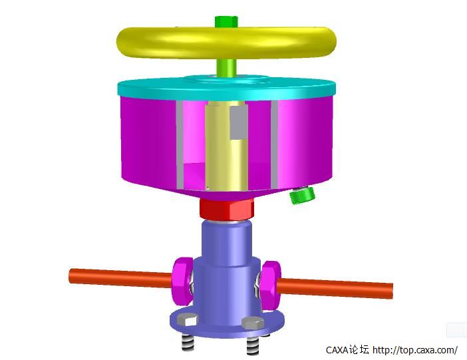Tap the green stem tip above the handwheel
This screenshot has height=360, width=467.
click(x=226, y=21)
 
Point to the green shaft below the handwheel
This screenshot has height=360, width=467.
click(x=226, y=67)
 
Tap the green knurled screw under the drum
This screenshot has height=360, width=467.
click(x=303, y=196)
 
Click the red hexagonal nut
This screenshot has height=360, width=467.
click(x=226, y=210)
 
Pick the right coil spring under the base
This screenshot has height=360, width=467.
click(x=253, y=345)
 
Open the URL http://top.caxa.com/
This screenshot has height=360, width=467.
click(x=414, y=349)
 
